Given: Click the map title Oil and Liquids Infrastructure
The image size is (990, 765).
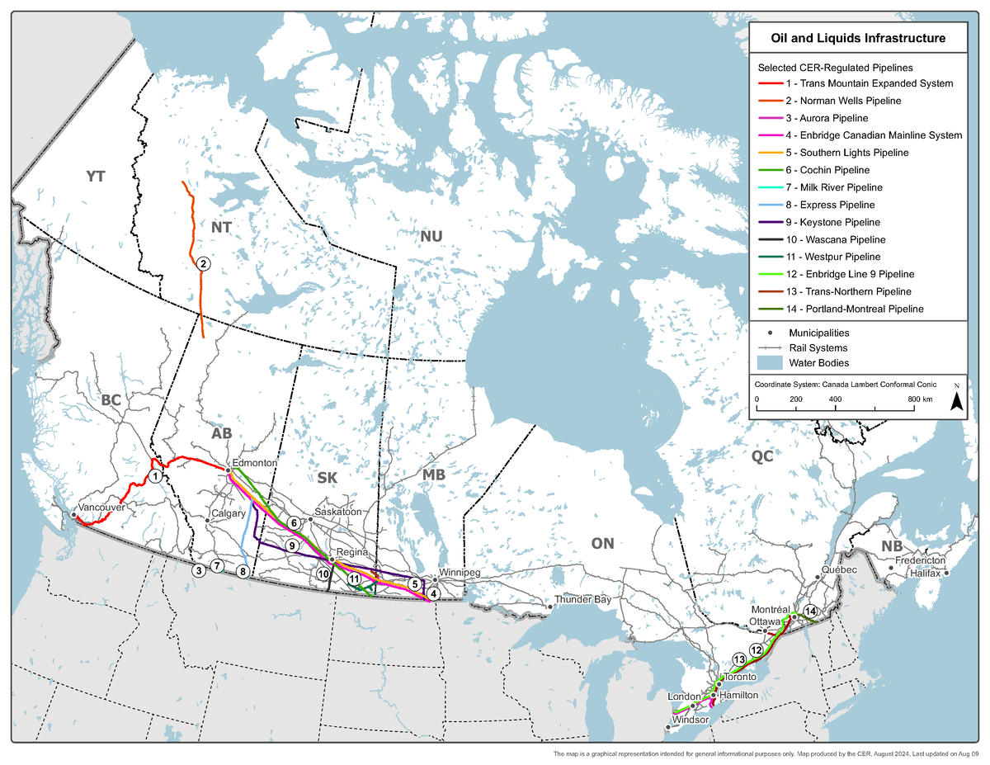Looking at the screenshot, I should tap(857, 38).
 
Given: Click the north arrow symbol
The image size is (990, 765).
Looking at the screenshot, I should tap(956, 400).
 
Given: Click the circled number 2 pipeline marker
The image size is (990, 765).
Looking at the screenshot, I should tap(202, 264).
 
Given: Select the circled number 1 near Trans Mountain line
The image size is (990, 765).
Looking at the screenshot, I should tap(155, 476).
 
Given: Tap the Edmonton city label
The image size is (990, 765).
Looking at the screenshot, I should tap(254, 463).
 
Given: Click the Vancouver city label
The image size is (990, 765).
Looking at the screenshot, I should tap(101, 508).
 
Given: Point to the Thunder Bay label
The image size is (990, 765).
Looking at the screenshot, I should tap(582, 599).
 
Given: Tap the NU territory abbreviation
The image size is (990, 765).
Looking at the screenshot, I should tap(431, 237).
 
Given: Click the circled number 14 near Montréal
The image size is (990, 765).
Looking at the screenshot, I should tap(810, 611).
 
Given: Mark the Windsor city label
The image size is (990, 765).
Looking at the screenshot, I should tap(691, 720).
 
